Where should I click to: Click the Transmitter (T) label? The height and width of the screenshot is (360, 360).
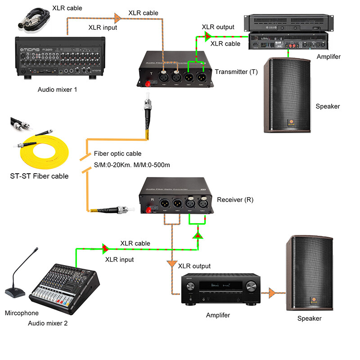click(236, 72)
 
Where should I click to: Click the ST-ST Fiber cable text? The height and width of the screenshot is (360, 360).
click(39, 176)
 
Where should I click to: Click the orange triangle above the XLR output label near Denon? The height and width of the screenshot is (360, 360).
click(172, 264)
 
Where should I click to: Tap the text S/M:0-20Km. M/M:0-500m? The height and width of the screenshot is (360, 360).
click(132, 165)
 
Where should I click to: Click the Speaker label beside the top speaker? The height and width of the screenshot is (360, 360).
click(328, 106)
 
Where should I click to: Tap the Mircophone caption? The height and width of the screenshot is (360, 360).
click(22, 313)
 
